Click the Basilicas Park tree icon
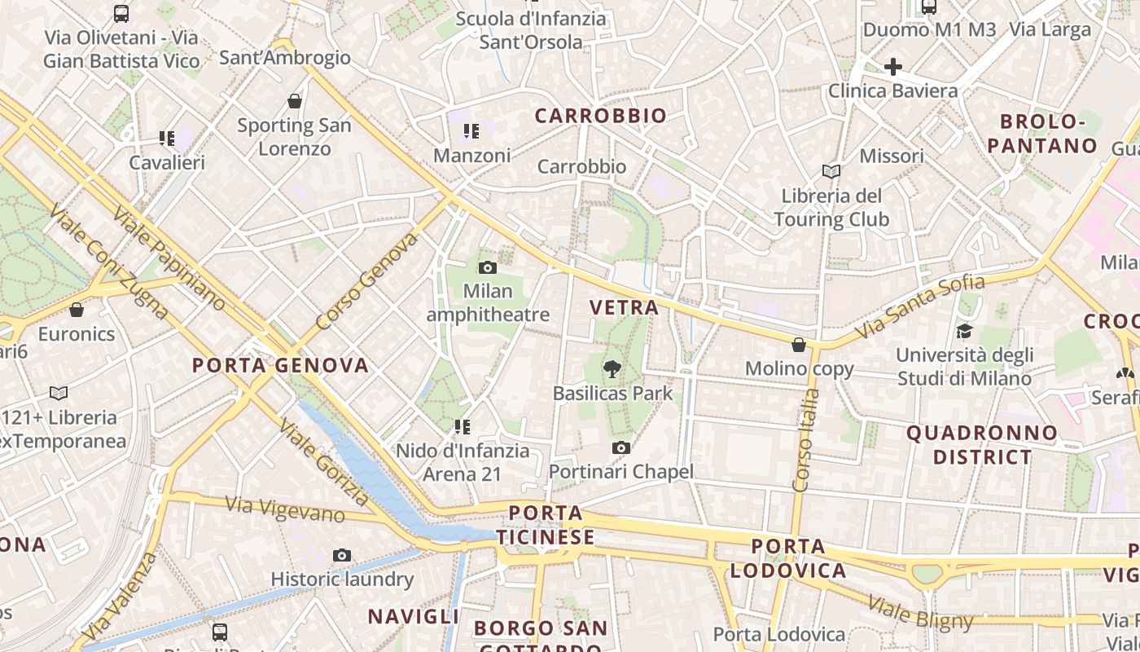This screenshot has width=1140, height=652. point(612,369)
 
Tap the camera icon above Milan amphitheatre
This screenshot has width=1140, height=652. point(487,267)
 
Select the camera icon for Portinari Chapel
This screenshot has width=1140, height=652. point(620,447)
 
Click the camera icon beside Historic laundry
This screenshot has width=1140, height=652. point(342,556)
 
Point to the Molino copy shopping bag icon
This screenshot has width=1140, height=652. point(799,345)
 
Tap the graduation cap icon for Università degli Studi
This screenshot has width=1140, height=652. point(964,331)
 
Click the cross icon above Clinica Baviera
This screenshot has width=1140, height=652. point(892,67)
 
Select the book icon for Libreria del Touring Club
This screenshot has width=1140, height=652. point(831,172)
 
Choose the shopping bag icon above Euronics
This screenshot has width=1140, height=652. point(76,311)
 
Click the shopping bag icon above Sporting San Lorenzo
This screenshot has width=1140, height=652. point(295,101)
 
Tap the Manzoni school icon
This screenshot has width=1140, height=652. point(471,131)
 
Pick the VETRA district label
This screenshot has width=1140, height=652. point(624,307)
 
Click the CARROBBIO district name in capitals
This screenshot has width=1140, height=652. point(601,116)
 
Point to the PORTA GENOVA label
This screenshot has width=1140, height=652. point(280,365)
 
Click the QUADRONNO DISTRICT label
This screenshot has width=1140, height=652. point(982,444)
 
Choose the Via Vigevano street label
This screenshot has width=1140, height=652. point(285,509)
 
